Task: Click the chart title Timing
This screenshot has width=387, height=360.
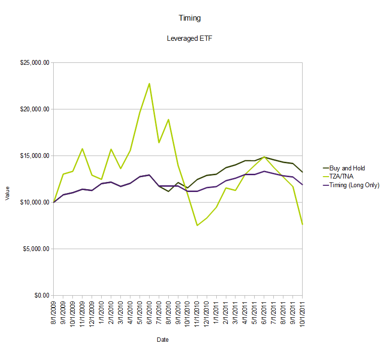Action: (189, 18)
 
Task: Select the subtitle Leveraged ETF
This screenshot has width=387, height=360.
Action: (189, 39)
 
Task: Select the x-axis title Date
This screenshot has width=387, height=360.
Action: (163, 340)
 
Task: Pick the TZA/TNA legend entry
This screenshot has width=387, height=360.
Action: (341, 177)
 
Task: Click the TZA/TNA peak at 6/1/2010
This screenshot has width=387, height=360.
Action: (149, 84)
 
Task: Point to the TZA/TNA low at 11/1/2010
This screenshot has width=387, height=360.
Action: (197, 225)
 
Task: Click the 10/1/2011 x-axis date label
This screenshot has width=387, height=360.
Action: (303, 314)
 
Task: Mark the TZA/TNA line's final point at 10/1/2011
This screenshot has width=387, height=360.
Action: (302, 224)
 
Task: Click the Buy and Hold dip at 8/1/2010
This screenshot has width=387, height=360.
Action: (168, 192)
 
